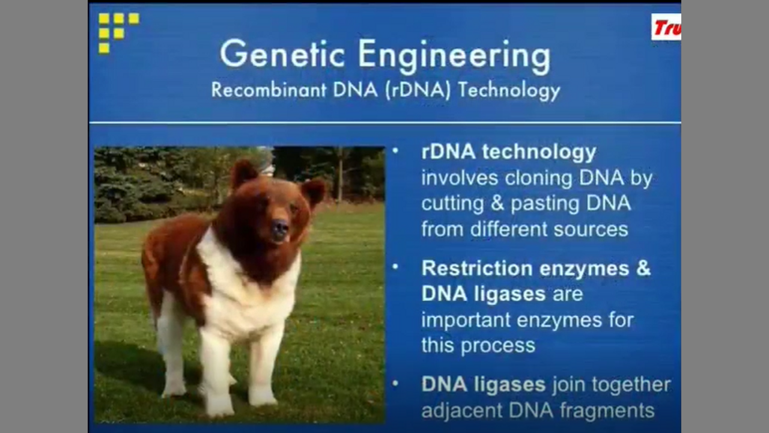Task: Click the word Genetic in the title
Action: (282, 55)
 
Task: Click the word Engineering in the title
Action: (455, 57)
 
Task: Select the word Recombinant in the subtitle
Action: (269, 90)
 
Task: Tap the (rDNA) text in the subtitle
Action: (418, 91)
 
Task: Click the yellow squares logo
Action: (119, 32)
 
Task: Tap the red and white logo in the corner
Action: (666, 27)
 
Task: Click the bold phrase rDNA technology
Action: (509, 152)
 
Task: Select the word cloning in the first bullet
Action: (538, 178)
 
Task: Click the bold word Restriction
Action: (477, 268)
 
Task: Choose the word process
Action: (498, 346)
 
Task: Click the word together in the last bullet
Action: (631, 384)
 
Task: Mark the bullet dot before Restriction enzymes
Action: (395, 266)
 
